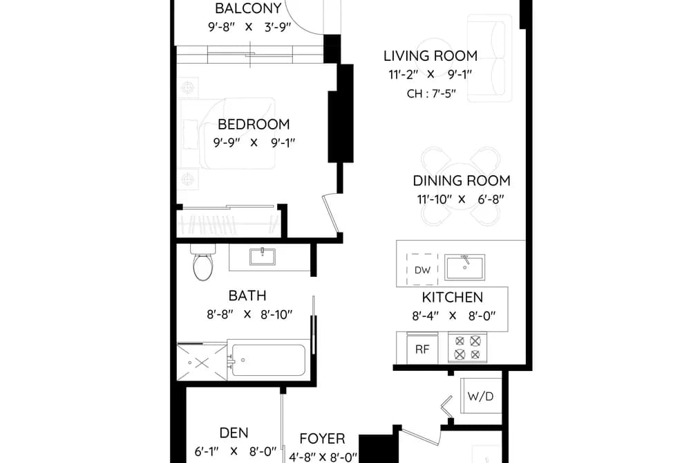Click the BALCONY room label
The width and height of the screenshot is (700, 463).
click(x=248, y=8)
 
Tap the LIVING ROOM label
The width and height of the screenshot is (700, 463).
click(x=431, y=56)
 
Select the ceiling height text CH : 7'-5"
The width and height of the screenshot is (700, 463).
click(x=431, y=94)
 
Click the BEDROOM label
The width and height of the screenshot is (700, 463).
click(x=254, y=124)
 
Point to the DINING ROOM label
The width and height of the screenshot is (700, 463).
click(x=462, y=181)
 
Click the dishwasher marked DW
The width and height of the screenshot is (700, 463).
click(x=422, y=269)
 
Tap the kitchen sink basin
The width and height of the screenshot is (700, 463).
click(x=465, y=267)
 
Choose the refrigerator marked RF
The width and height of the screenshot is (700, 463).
click(x=422, y=349)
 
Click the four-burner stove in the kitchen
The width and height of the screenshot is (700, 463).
click(x=467, y=347)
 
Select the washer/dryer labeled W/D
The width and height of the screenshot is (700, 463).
click(x=481, y=397)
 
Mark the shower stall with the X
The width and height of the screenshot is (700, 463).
click(x=202, y=362)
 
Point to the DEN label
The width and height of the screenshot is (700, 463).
click(x=234, y=433)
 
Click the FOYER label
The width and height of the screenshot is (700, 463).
click(x=322, y=438)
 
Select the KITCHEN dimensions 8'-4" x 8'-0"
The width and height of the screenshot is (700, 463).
click(x=453, y=316)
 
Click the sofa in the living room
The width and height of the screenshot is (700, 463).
click(x=490, y=58)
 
